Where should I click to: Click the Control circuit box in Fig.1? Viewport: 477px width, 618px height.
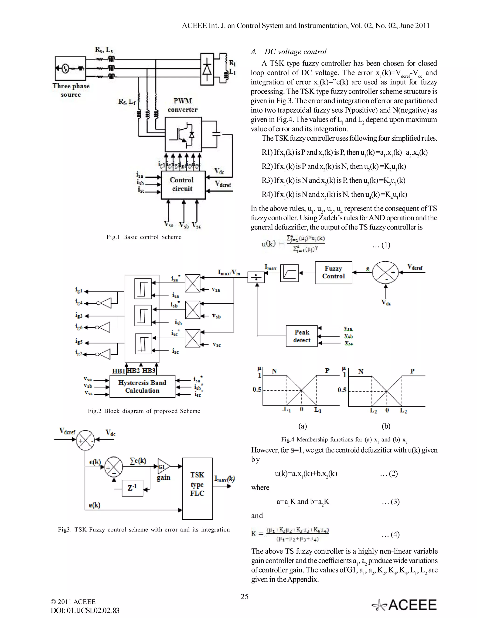(x=183, y=184)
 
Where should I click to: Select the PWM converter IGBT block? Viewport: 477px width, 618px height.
(x=183, y=134)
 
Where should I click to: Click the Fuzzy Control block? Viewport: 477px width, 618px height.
(x=334, y=272)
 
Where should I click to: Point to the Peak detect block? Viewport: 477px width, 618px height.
(x=302, y=336)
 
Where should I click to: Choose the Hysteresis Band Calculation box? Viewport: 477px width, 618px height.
(x=142, y=386)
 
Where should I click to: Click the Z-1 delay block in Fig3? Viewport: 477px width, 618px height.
(x=132, y=488)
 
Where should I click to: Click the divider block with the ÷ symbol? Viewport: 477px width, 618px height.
(x=256, y=277)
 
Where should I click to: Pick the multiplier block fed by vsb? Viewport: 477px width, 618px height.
(x=193, y=310)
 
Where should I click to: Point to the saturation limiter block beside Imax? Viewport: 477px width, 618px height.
(x=289, y=273)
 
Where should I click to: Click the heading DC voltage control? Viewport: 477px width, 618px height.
(x=295, y=52)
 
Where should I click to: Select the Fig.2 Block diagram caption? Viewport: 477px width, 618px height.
(x=144, y=411)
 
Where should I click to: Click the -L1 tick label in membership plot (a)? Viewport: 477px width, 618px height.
(x=286, y=410)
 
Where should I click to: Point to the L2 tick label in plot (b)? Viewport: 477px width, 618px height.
(x=403, y=410)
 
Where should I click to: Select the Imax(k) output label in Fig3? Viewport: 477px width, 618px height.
(x=224, y=479)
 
